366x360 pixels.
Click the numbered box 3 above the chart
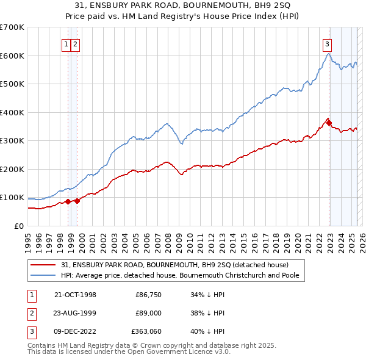point(328,43)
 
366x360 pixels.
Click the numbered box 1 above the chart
point(66,43)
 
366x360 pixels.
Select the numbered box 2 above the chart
point(75,43)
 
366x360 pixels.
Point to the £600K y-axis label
point(12,56)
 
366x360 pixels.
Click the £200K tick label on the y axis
point(12,169)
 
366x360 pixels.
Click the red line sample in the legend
point(43,265)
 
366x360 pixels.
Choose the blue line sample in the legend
point(43,275)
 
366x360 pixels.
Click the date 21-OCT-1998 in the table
point(75,295)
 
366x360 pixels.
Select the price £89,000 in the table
point(148,313)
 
